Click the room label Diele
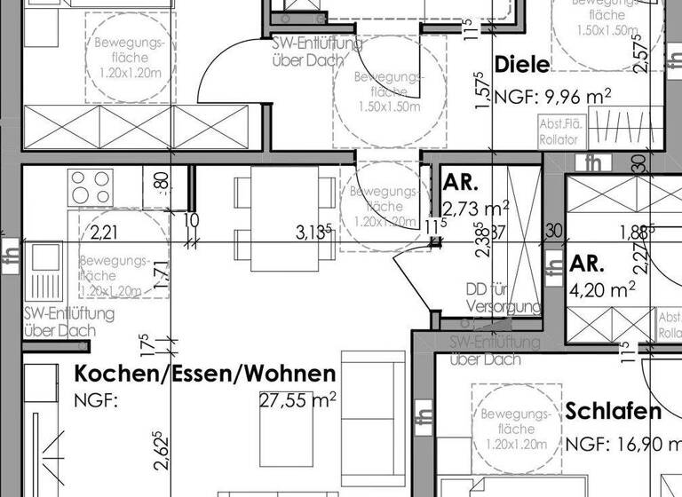pyautogui.click(x=522, y=65)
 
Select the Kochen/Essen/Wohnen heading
pyautogui.click(x=205, y=374)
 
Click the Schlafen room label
pyautogui.click(x=614, y=412)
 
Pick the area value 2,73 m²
pyautogui.click(x=475, y=209)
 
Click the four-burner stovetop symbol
pyautogui.click(x=91, y=188)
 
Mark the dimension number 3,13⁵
pyautogui.click(x=313, y=233)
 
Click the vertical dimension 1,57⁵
pyautogui.click(x=482, y=90)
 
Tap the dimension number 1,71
pyautogui.click(x=161, y=276)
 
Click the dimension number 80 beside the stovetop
pyautogui.click(x=161, y=180)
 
